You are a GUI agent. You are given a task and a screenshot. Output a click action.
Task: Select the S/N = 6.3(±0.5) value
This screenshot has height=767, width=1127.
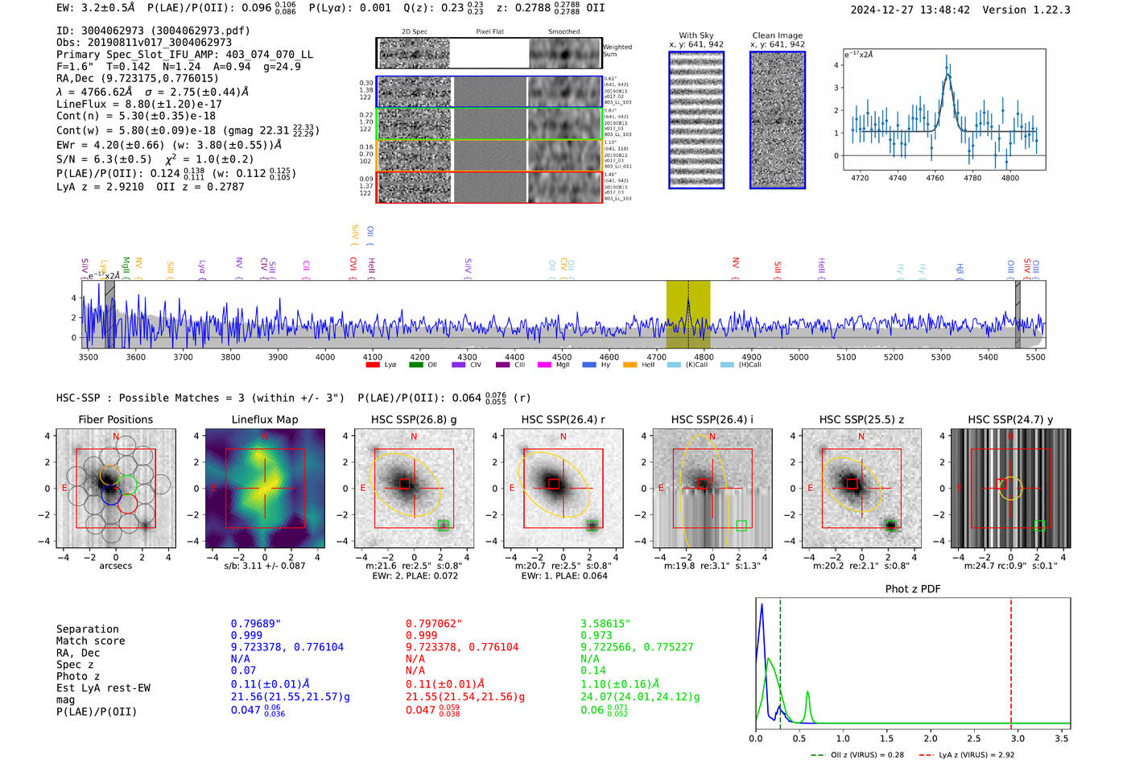click(x=104, y=159)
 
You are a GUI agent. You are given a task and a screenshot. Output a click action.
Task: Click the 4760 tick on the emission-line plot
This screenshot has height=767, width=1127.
click(x=935, y=178)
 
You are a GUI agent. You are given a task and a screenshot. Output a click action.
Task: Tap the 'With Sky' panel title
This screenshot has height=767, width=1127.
click(x=696, y=35)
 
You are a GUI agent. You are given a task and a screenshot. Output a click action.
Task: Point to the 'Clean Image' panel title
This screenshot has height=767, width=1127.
click(x=777, y=35)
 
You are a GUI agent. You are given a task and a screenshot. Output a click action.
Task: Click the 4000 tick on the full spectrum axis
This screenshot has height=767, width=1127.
click(x=325, y=357)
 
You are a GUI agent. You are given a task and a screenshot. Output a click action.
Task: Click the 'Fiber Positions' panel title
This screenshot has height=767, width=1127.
click(x=115, y=419)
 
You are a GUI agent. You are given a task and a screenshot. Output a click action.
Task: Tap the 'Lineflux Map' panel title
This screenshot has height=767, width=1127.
click(x=264, y=419)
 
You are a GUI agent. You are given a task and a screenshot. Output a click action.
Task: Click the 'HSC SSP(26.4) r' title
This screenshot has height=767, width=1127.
click(x=563, y=419)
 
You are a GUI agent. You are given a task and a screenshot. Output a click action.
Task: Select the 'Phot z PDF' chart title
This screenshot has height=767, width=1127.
click(x=912, y=589)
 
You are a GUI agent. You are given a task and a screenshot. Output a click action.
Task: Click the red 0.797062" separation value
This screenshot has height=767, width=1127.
click(x=434, y=624)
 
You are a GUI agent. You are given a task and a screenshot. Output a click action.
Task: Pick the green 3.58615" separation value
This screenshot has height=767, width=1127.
click(x=605, y=624)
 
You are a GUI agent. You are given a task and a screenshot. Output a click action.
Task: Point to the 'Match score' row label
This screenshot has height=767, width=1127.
click(x=90, y=641)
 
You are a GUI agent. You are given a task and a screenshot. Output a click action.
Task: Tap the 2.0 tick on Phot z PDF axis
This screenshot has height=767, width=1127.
click(x=930, y=738)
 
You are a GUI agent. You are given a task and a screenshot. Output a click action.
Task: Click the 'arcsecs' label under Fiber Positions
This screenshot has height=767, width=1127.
click(x=115, y=566)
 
